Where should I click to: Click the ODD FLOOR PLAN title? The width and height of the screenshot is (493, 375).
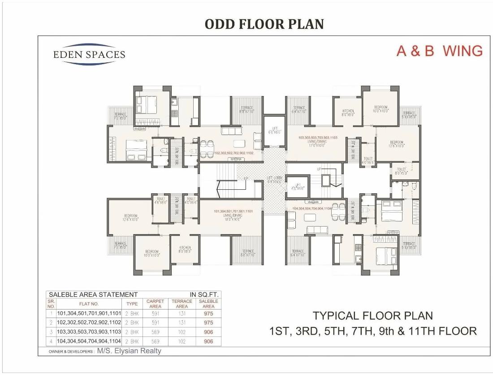point(264,24)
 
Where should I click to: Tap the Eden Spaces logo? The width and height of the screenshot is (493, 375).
point(89,55)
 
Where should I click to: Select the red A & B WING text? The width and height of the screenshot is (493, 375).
point(439,51)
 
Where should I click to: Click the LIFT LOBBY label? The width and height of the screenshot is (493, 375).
point(273,179)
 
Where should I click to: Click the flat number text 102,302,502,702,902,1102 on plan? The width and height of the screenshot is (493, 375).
point(234,153)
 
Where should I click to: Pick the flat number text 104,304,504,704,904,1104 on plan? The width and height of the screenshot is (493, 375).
point(312,208)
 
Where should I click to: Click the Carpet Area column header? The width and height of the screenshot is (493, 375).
point(155,304)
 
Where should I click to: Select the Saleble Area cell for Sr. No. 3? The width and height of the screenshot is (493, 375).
point(208,332)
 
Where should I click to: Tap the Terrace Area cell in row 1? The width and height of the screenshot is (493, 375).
point(182,314)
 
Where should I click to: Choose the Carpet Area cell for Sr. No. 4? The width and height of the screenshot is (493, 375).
point(155,341)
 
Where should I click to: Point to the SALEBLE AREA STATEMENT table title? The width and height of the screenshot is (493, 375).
point(93,295)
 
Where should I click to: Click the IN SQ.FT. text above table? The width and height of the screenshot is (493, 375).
point(204,295)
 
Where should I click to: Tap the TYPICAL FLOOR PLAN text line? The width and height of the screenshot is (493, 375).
point(372,316)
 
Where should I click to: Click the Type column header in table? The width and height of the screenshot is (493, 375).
point(132,304)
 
